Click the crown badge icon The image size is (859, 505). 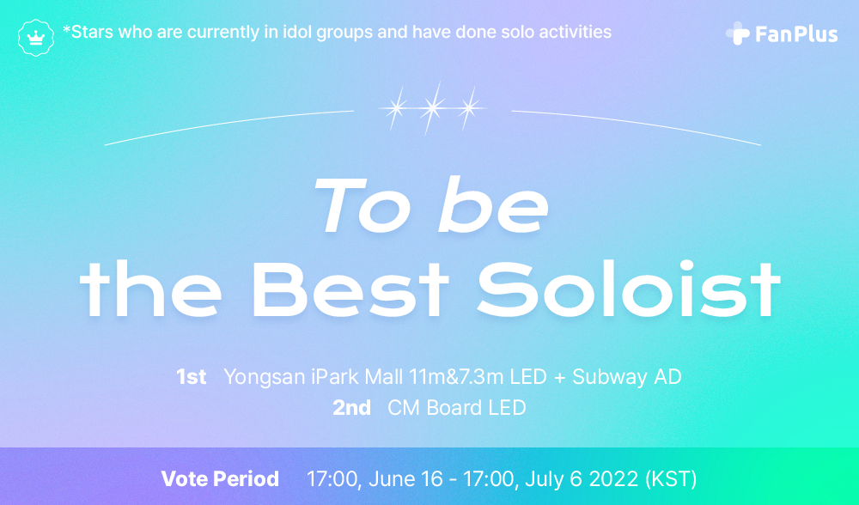(x=35, y=37)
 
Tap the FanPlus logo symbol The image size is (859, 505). (x=737, y=33)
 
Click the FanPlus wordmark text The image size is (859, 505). (x=796, y=34)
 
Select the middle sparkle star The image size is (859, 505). (x=433, y=108)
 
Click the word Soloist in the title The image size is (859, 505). (x=629, y=289)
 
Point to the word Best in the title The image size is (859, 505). (x=350, y=289)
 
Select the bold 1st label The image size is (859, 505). (x=192, y=377)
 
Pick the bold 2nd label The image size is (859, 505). (x=351, y=407)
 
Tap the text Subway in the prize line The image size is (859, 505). (x=608, y=378)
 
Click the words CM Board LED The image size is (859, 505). (x=457, y=407)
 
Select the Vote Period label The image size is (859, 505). (x=220, y=478)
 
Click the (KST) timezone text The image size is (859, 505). (x=671, y=479)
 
